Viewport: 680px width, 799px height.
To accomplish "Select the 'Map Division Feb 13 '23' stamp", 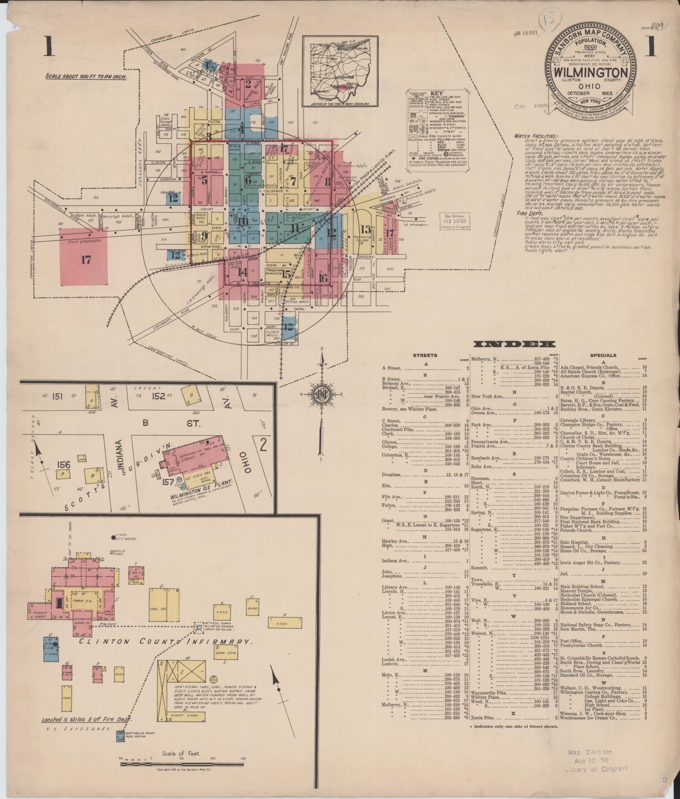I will pyautogui.click(x=455, y=221).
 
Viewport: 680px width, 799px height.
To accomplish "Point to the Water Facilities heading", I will pyautogui.click(x=535, y=136).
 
